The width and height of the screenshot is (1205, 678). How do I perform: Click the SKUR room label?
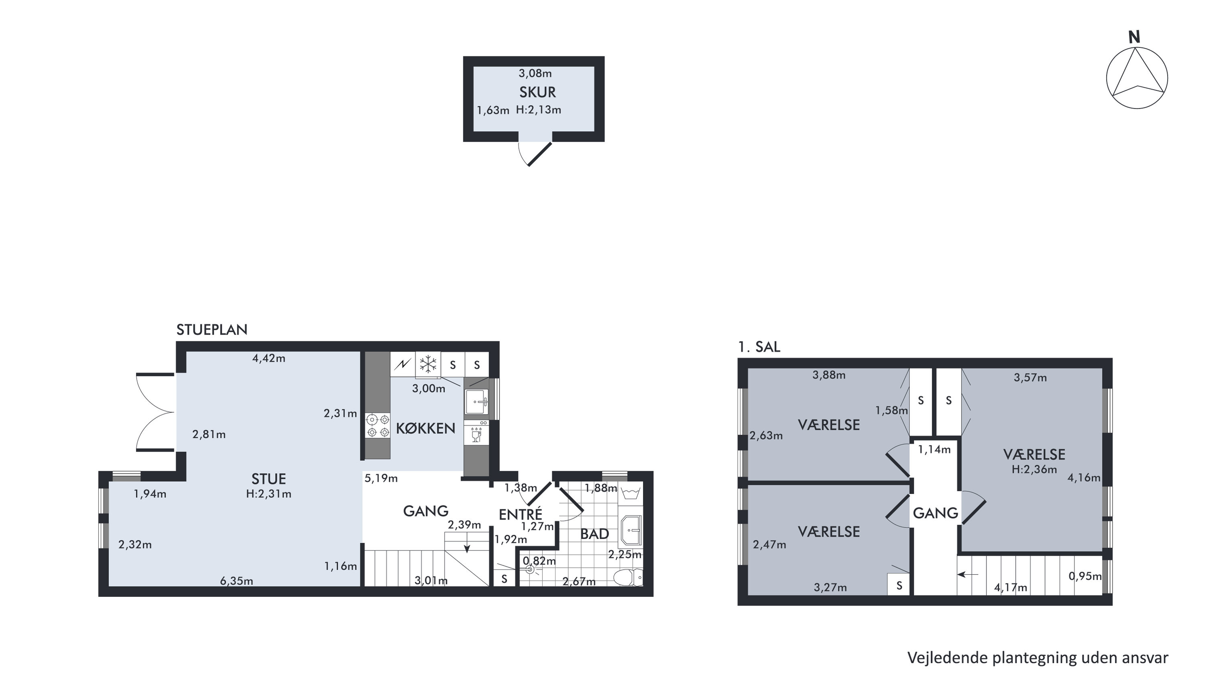tap(537, 92)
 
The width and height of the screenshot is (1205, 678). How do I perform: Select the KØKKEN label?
tap(426, 428)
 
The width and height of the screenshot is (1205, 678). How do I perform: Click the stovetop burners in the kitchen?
tap(378, 425)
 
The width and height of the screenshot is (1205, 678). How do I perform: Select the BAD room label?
tap(594, 534)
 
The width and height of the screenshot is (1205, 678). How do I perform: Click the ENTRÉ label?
tap(520, 515)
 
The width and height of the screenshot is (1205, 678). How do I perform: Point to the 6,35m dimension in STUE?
tap(237, 581)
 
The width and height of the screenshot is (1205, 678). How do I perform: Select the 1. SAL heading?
tap(759, 347)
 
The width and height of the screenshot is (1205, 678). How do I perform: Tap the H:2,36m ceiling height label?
tap(1034, 469)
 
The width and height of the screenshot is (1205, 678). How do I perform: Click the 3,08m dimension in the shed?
tap(535, 74)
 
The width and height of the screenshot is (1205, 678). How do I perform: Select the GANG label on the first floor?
tap(935, 513)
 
